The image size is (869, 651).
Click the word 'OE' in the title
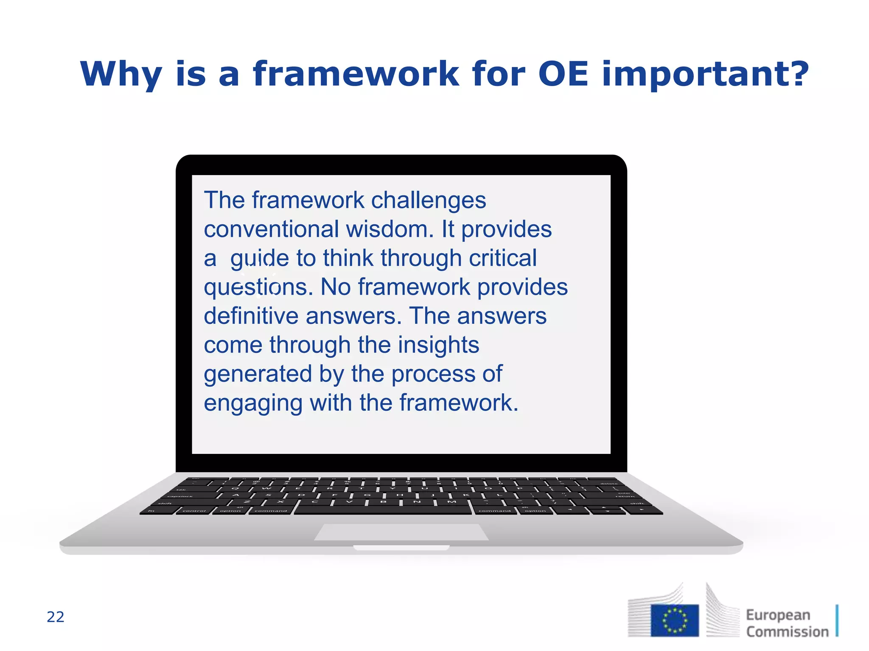[x=563, y=74]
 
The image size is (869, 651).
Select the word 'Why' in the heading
[x=121, y=75]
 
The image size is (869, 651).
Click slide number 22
[x=56, y=617]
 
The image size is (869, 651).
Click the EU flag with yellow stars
[x=674, y=620]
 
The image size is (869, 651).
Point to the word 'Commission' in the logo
[x=787, y=632]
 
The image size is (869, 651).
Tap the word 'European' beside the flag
[x=778, y=615]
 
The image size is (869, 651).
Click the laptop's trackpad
[x=401, y=532]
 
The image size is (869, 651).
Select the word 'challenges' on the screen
[x=428, y=200]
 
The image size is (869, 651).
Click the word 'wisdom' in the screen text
[x=389, y=229]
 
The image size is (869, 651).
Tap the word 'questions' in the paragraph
[x=258, y=287]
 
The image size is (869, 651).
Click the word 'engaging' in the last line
[x=253, y=403]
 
